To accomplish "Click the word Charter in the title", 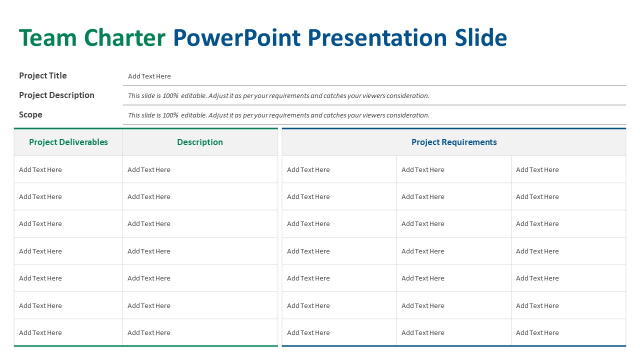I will click(124, 38).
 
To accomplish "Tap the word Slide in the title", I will click(480, 38).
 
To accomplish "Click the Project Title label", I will click(43, 76).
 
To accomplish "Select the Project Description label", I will click(56, 95).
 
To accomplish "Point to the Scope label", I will click(30, 115).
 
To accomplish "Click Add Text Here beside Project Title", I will click(149, 76).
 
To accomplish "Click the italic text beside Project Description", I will click(278, 96).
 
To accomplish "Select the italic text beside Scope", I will click(278, 115).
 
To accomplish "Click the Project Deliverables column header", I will click(68, 142).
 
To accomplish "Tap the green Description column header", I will click(200, 142).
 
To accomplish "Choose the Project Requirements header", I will click(454, 142).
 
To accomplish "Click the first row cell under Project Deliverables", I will click(40, 170).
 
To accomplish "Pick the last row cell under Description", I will click(149, 333).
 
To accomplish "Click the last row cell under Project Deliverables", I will click(40, 333).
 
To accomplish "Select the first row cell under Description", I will click(149, 170).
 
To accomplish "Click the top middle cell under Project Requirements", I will click(423, 170).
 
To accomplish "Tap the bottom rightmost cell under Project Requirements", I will click(537, 333).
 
